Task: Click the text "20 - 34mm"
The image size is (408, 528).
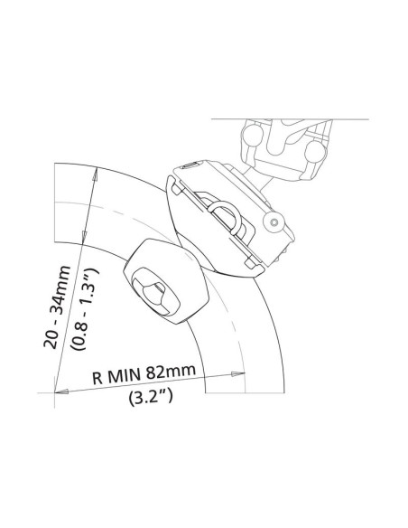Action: pos(57,307)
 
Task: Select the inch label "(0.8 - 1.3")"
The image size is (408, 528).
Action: pos(84,309)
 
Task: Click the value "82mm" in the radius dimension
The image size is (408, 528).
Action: pos(171,371)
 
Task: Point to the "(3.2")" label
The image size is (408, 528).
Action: pos(151,397)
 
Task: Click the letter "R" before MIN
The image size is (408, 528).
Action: pos(97,378)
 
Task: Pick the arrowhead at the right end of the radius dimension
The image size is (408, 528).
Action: pos(238,373)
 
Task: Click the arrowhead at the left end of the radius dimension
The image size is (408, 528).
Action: pos(61,391)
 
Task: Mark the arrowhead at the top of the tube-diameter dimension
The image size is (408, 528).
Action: pos(95,175)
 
